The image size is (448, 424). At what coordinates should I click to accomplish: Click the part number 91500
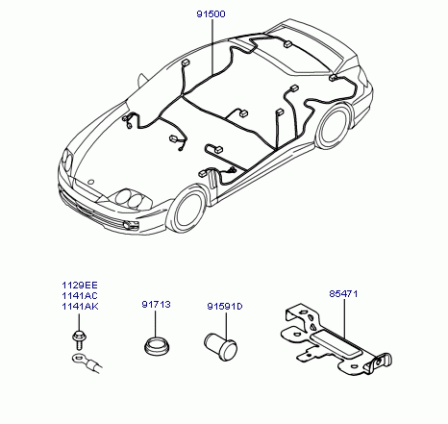pyautogui.click(x=211, y=14)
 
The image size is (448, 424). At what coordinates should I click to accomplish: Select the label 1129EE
pyautogui.click(x=80, y=285)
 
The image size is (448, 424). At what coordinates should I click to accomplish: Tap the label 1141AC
pyautogui.click(x=80, y=295)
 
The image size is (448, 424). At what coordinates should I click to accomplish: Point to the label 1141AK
pyautogui.click(x=80, y=306)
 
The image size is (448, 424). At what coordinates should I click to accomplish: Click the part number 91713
pyautogui.click(x=156, y=304)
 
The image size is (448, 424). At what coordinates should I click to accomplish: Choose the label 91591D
pyautogui.click(x=225, y=307)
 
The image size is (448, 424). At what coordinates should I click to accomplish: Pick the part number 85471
pyautogui.click(x=343, y=293)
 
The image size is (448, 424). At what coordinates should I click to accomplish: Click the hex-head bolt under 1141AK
pyautogui.click(x=79, y=340)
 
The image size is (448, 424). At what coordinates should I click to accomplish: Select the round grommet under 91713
pyautogui.click(x=157, y=345)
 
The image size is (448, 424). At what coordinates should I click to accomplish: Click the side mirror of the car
pyautogui.click(x=141, y=80)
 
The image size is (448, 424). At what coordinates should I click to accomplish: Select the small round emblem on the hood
pyautogui.click(x=90, y=182)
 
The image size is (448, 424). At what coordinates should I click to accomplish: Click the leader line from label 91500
pyautogui.click(x=212, y=46)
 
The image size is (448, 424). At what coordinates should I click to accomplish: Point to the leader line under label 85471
pyautogui.click(x=344, y=319)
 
